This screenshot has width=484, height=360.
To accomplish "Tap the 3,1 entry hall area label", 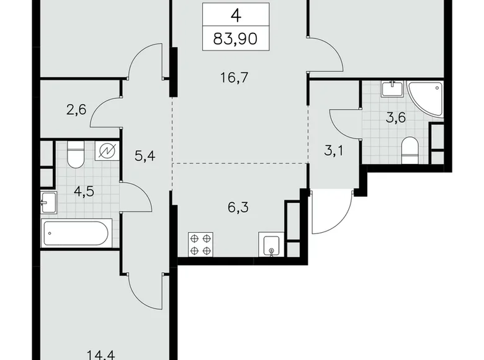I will pos(333,150).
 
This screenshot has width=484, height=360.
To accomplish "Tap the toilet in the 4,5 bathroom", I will pos(75,155).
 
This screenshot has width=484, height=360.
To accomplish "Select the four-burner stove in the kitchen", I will pos(200,245).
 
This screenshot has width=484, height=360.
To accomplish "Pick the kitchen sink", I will pos(271,246).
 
